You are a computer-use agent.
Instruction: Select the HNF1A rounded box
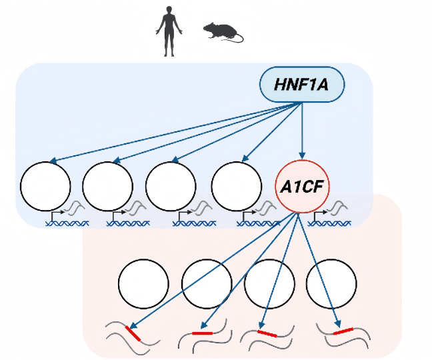pos(302,85)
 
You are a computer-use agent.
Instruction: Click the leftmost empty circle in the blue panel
pos(45,186)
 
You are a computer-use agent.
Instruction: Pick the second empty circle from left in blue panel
pos(107,186)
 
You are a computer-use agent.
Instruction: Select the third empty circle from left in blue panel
pos(171,186)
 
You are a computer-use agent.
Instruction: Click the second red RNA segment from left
pos(202,333)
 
